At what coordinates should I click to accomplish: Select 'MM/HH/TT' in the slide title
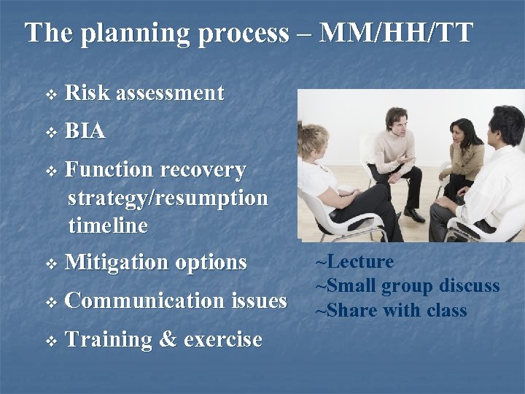pos(397,33)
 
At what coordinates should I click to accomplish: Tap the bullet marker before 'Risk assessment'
pos(50,94)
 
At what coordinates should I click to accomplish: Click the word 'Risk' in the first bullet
pos(87,93)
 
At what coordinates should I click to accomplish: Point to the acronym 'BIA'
pos(85,131)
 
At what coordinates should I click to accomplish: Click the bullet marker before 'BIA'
pos(50,133)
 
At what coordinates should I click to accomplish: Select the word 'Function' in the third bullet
pos(109,169)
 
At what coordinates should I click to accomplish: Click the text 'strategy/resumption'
pos(168,198)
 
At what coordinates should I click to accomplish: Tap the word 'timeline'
pos(108,225)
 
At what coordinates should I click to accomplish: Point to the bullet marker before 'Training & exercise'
pos(50,341)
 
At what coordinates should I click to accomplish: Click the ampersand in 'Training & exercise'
pos(168,339)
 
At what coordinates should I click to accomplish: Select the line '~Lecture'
pos(354,261)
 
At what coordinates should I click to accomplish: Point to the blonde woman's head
pos(314,139)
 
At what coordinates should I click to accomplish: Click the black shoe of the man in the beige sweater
pos(413,215)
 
